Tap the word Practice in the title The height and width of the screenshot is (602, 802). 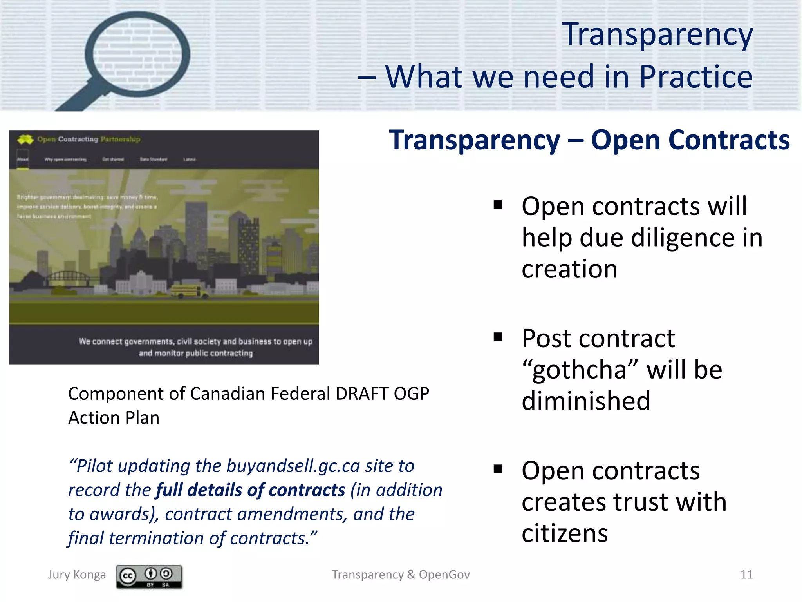coord(696,77)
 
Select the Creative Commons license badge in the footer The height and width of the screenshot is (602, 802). coord(149,576)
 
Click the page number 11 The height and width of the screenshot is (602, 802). coord(746,575)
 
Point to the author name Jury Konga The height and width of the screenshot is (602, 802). coord(77,575)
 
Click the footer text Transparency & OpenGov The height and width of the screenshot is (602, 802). coord(401,575)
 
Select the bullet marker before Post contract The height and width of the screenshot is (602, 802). coord(498,337)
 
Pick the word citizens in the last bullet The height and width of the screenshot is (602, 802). coord(565,534)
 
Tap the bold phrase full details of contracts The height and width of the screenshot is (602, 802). coord(251,490)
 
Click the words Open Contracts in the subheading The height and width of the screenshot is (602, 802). coord(690,140)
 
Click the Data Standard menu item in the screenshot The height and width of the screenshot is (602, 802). coord(154,160)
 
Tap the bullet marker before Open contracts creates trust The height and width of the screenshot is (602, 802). coord(498,469)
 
